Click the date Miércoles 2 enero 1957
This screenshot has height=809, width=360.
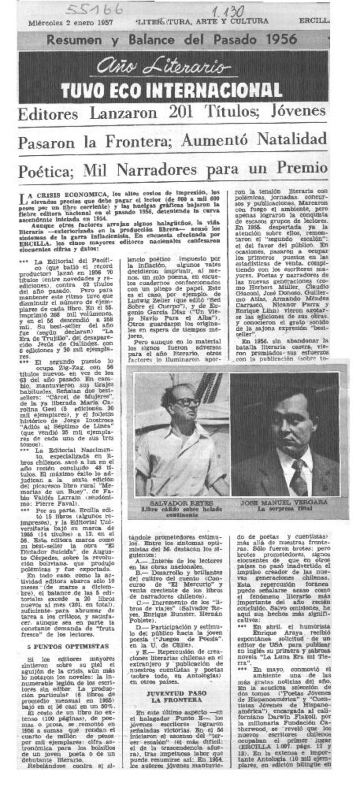coord(70,22)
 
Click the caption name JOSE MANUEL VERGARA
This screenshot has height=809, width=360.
coord(284,502)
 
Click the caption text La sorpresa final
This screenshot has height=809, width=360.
coord(285,509)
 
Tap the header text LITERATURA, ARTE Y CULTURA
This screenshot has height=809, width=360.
coord(202,21)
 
